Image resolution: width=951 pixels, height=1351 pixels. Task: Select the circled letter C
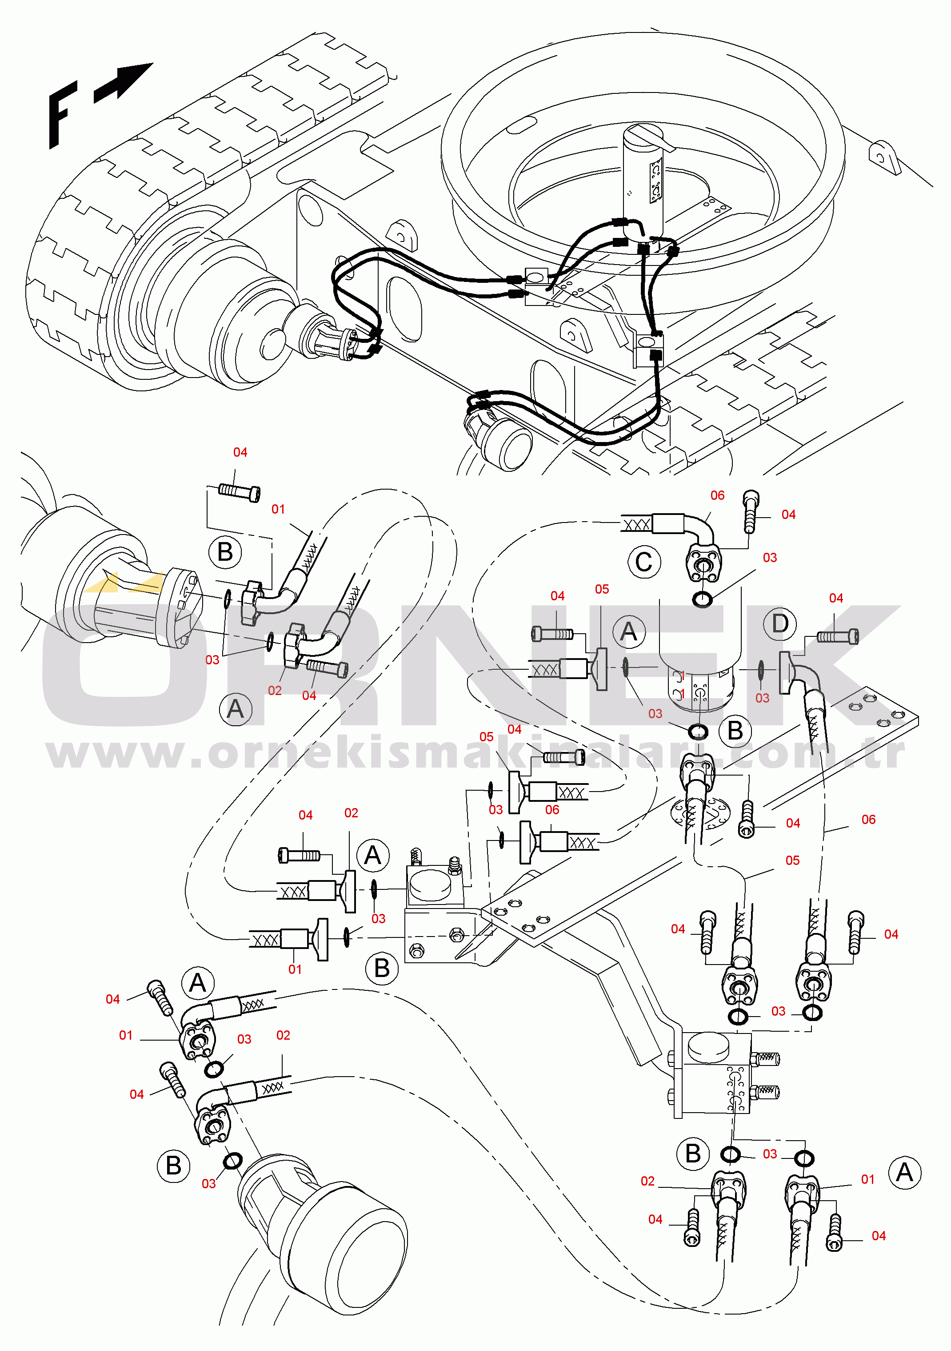(644, 562)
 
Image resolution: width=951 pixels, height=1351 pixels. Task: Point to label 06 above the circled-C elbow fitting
(718, 495)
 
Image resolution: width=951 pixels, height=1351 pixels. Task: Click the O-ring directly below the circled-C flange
(702, 599)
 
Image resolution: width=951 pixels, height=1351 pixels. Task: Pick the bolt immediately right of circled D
(838, 637)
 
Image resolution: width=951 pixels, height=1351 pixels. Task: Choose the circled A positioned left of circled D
(629, 632)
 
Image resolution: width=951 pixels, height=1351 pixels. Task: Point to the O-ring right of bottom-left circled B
(233, 1162)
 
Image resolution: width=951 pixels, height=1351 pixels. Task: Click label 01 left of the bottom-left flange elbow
(126, 1035)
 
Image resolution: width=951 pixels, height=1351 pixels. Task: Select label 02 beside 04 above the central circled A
(351, 812)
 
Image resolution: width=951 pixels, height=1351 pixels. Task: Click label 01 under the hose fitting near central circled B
(295, 969)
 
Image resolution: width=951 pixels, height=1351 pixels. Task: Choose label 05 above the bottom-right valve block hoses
(792, 860)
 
